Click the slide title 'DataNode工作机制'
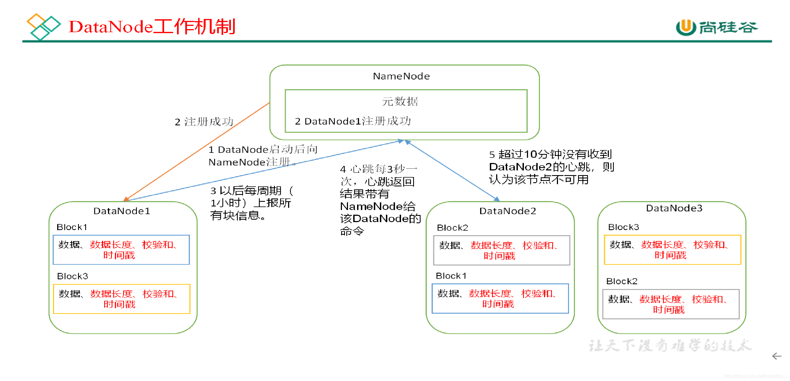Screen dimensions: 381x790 pyautogui.click(x=152, y=27)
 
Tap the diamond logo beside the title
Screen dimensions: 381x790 pyautogui.click(x=43, y=26)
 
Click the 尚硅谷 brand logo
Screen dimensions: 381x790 pyautogui.click(x=716, y=27)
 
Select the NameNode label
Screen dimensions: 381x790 pyautogui.click(x=401, y=76)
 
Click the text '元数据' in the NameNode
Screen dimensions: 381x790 pyautogui.click(x=400, y=101)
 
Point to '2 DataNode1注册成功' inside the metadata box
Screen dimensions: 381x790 pyautogui.click(x=353, y=121)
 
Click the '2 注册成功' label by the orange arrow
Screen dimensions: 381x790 pyautogui.click(x=204, y=122)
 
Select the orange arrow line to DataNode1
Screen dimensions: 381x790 pyautogui.click(x=196, y=151)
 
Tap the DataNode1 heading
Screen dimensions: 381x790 pyautogui.click(x=122, y=211)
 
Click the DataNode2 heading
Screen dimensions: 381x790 pyautogui.click(x=507, y=211)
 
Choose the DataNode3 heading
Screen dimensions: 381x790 pyautogui.click(x=674, y=208)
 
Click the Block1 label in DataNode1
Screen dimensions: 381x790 pyautogui.click(x=72, y=227)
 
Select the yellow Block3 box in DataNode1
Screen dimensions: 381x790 pyautogui.click(x=121, y=299)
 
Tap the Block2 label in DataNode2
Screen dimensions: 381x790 pyautogui.click(x=452, y=228)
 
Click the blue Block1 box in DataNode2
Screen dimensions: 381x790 pyautogui.click(x=500, y=299)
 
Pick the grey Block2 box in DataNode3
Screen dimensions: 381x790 pyautogui.click(x=671, y=304)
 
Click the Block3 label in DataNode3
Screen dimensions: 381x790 pyautogui.click(x=623, y=227)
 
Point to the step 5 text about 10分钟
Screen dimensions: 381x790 pyautogui.click(x=551, y=167)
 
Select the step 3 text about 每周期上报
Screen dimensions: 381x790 pyautogui.click(x=252, y=203)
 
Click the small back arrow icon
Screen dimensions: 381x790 pyautogui.click(x=777, y=356)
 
